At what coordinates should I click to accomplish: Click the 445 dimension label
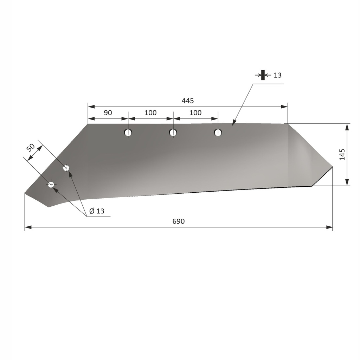point(188,101)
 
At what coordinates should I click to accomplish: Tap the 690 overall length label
point(179,221)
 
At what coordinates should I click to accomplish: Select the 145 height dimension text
point(342,155)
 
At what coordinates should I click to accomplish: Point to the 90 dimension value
point(108,113)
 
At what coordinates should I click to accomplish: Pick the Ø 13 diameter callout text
point(97,211)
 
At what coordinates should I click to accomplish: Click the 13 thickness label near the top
point(277,75)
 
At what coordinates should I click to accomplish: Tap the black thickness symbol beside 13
point(263,75)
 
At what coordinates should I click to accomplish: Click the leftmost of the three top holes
point(128,133)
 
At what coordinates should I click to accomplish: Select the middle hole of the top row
point(173,133)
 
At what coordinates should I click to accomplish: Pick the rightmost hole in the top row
point(218,133)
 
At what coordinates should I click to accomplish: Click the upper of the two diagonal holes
point(66,168)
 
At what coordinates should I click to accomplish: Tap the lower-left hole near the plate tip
point(51,184)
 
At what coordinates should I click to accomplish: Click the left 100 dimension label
point(150,113)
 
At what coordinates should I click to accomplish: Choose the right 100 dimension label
point(195,113)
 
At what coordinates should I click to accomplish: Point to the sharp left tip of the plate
point(25,193)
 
